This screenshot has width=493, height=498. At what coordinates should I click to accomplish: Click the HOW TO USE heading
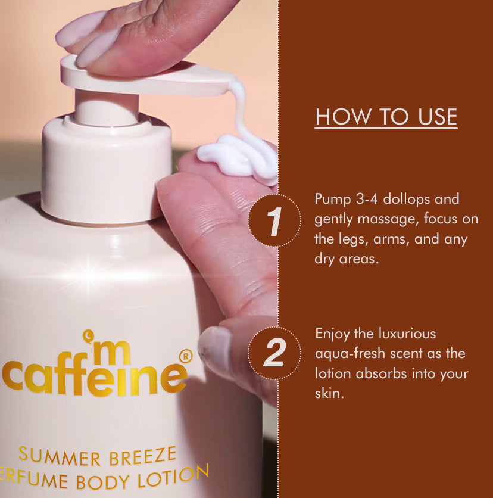click(x=386, y=117)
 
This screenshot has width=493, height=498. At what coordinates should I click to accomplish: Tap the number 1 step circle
click(x=274, y=220)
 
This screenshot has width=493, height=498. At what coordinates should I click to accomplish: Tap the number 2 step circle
click(x=274, y=354)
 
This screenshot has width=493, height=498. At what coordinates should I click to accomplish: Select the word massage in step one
click(x=388, y=219)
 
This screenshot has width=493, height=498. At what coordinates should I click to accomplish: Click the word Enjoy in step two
click(x=332, y=333)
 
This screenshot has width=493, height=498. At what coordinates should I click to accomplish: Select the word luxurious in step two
click(x=408, y=333)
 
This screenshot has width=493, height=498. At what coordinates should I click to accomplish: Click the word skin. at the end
click(x=329, y=394)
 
